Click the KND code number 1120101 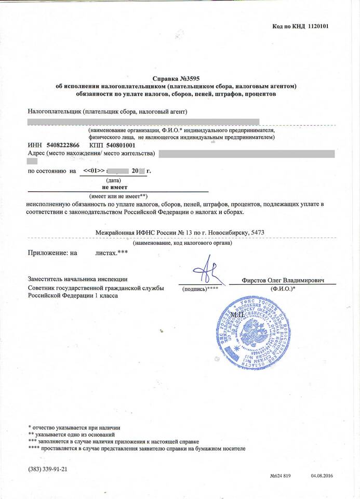coord(318,26)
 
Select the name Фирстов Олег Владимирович coord(283,280)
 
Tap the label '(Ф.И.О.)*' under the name coord(283,288)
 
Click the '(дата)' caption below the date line coord(113,179)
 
